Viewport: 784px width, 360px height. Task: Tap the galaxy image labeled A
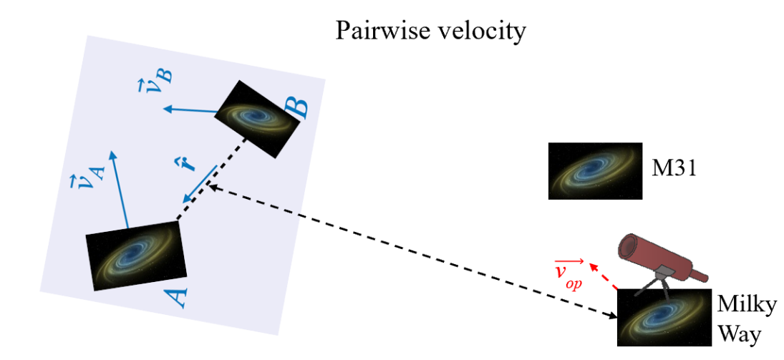click(x=137, y=256)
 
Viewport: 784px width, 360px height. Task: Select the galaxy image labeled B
click(x=257, y=119)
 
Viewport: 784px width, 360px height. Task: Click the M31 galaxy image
click(x=595, y=171)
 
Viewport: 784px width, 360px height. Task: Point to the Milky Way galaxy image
click(x=664, y=318)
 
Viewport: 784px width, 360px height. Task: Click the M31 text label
click(x=674, y=170)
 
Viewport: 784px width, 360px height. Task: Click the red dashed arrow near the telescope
click(x=603, y=276)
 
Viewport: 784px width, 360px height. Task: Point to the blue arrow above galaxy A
click(x=120, y=189)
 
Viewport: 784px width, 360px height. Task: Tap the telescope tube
click(x=664, y=258)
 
